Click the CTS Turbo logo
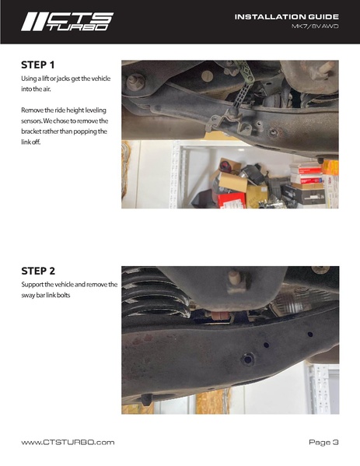coord(68,22)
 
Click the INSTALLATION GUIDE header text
coord(287,16)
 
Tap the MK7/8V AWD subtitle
coord(315,26)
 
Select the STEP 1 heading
coord(38,65)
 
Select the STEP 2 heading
coord(38,271)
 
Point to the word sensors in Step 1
coord(31,121)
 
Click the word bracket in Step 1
coord(30,131)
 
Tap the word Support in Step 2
coord(32,285)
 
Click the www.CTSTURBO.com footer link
coord(68,442)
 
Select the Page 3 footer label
coord(323,442)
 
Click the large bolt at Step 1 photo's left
coord(135,82)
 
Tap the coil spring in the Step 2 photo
coord(156,293)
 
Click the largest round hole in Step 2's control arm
coord(247,359)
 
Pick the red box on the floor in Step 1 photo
coord(232,199)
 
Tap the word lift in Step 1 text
coord(45,79)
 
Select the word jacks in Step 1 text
coord(63,79)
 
